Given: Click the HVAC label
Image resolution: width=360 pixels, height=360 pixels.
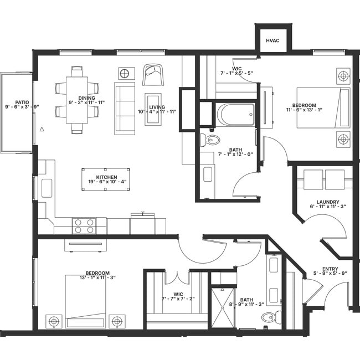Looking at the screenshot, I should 272,40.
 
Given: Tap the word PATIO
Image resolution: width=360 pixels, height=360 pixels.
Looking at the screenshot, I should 22,102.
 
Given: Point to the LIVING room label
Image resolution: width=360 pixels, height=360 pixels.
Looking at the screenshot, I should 157,107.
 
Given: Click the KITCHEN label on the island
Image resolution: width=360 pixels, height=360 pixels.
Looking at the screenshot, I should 107,177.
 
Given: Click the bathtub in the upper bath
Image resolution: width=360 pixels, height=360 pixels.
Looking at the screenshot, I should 235,114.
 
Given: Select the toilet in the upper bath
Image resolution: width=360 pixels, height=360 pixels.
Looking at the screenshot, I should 210,139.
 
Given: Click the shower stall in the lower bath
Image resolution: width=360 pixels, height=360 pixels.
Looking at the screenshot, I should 223,308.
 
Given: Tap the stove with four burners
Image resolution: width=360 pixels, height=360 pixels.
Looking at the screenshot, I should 84,226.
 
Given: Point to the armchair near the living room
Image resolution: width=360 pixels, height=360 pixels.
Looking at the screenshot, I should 152,74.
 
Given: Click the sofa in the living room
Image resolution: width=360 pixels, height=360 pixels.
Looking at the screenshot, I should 124,108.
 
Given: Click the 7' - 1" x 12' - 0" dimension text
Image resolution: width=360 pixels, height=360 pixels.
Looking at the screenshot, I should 235,154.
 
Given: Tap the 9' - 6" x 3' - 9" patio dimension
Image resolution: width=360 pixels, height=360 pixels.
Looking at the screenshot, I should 22,107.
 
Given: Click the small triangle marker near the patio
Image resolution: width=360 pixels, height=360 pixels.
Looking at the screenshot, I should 42,129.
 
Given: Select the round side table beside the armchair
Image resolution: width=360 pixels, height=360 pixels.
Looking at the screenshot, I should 126,73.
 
